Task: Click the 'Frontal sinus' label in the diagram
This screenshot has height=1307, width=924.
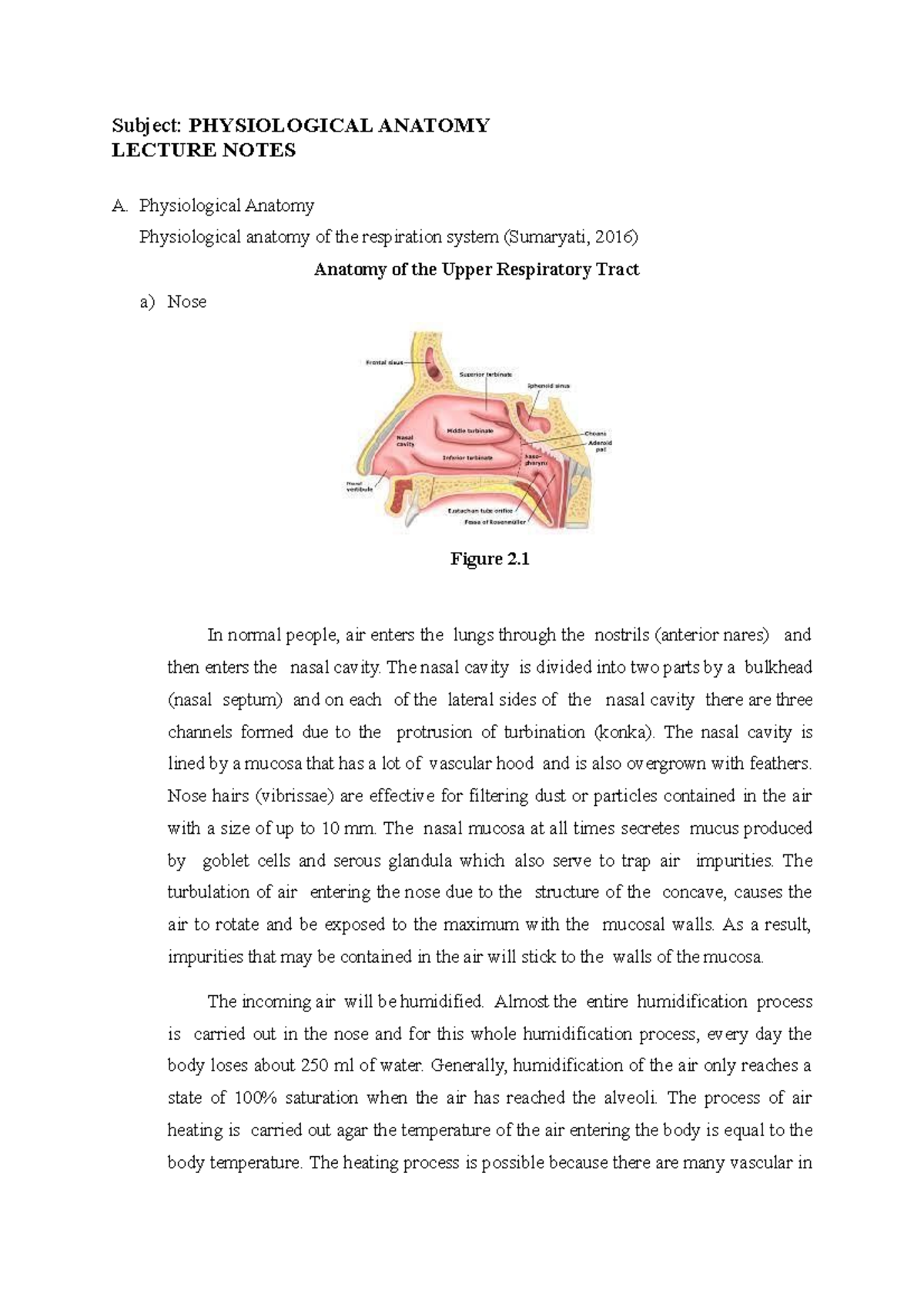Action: pyautogui.click(x=383, y=362)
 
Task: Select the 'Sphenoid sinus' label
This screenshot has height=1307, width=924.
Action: pyautogui.click(x=548, y=386)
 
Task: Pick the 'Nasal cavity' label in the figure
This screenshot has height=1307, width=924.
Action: pyautogui.click(x=406, y=441)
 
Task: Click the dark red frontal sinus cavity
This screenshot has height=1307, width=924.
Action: pyautogui.click(x=435, y=370)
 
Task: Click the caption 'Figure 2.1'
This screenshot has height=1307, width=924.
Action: pyautogui.click(x=490, y=560)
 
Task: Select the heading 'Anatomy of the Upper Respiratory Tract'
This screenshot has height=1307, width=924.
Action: pyautogui.click(x=477, y=270)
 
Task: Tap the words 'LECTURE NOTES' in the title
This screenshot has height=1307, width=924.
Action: pyautogui.click(x=203, y=151)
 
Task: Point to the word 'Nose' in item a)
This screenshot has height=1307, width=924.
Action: pyautogui.click(x=187, y=302)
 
